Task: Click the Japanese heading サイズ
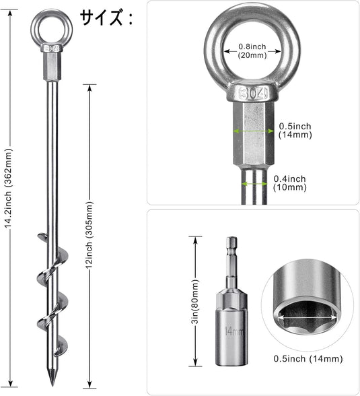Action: (102, 18)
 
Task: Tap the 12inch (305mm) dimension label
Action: (89, 235)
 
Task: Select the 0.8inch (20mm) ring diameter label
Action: (252, 51)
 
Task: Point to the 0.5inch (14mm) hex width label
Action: (295, 131)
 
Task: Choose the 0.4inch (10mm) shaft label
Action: (290, 183)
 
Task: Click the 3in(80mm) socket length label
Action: (196, 301)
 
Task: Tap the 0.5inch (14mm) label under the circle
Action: (308, 358)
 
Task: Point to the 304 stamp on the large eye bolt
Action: (252, 94)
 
